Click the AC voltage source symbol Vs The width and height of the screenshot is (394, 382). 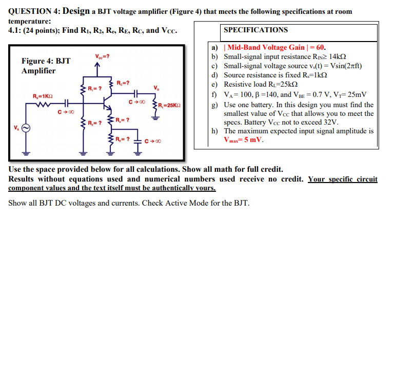tap(26, 128)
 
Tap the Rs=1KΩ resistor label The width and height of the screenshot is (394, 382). tap(43, 96)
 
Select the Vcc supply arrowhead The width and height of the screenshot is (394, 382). tap(97, 65)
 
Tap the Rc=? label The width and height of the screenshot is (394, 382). tap(123, 83)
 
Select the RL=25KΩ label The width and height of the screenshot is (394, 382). tap(169, 105)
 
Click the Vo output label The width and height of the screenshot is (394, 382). tap(156, 88)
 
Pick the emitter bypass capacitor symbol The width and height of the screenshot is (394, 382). tap(137, 142)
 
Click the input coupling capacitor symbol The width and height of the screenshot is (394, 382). tap(67, 103)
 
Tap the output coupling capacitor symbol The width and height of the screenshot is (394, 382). tap(135, 94)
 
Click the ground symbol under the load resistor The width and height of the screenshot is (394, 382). tap(155, 118)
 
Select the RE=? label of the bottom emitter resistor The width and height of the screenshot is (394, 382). tap(123, 139)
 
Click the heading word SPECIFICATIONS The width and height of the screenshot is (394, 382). tap(256, 30)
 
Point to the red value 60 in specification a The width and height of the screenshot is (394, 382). tap(320, 47)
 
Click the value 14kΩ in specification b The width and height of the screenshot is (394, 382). tap(338, 56)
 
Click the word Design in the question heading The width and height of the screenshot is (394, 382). tap(76, 11)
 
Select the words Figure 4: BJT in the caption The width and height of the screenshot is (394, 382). tap(46, 61)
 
